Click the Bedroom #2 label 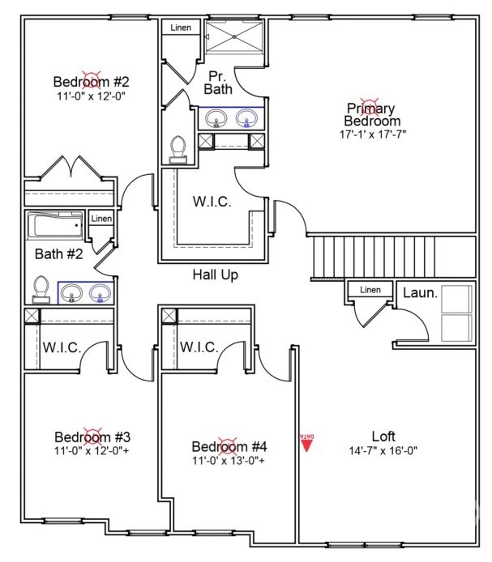pos(91,82)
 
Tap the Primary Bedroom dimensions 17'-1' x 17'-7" pos(373,134)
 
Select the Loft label pos(383,436)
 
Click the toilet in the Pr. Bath pos(178,149)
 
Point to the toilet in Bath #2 pos(41,290)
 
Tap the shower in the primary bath pos(233,36)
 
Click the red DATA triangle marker pos(307,445)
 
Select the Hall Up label pos(216,275)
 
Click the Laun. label pos(420,293)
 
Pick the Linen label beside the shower pos(181,28)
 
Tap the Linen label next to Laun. pos(370,290)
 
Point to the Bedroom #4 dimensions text pos(229,460)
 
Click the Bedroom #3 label pos(92,437)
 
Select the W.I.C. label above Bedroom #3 pos(62,347)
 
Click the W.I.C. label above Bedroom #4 pos(199,347)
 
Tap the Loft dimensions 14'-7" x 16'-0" pos(383,450)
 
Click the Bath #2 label pos(59,254)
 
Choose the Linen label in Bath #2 pos(101,219)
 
